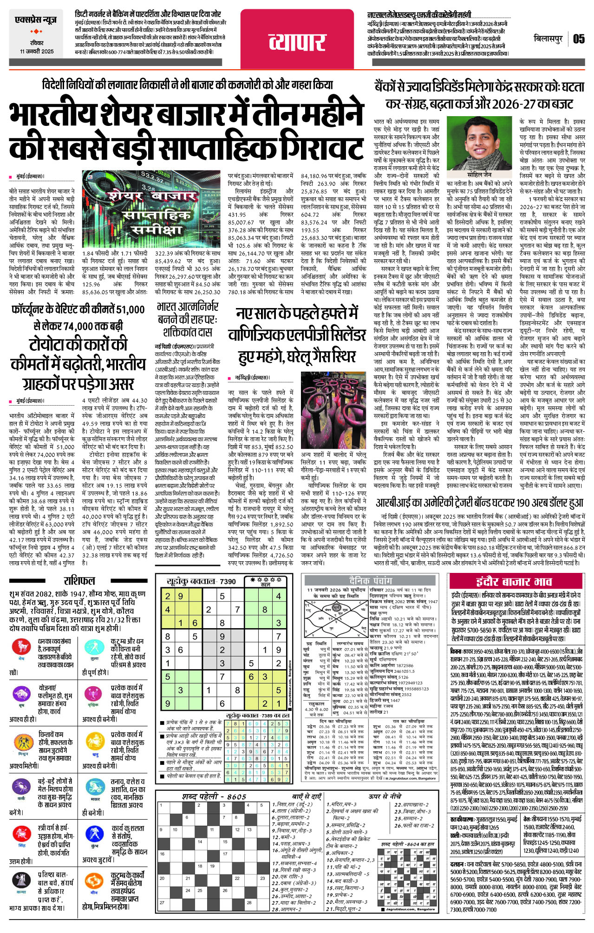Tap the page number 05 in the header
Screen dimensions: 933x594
[579, 39]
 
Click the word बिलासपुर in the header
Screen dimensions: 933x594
[548, 39]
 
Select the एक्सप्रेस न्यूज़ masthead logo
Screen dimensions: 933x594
[36, 20]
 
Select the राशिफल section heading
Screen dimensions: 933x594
[79, 581]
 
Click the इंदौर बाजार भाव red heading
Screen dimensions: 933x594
[514, 582]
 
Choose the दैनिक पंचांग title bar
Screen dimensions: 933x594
[371, 580]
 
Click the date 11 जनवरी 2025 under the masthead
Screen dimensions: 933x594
[37, 52]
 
